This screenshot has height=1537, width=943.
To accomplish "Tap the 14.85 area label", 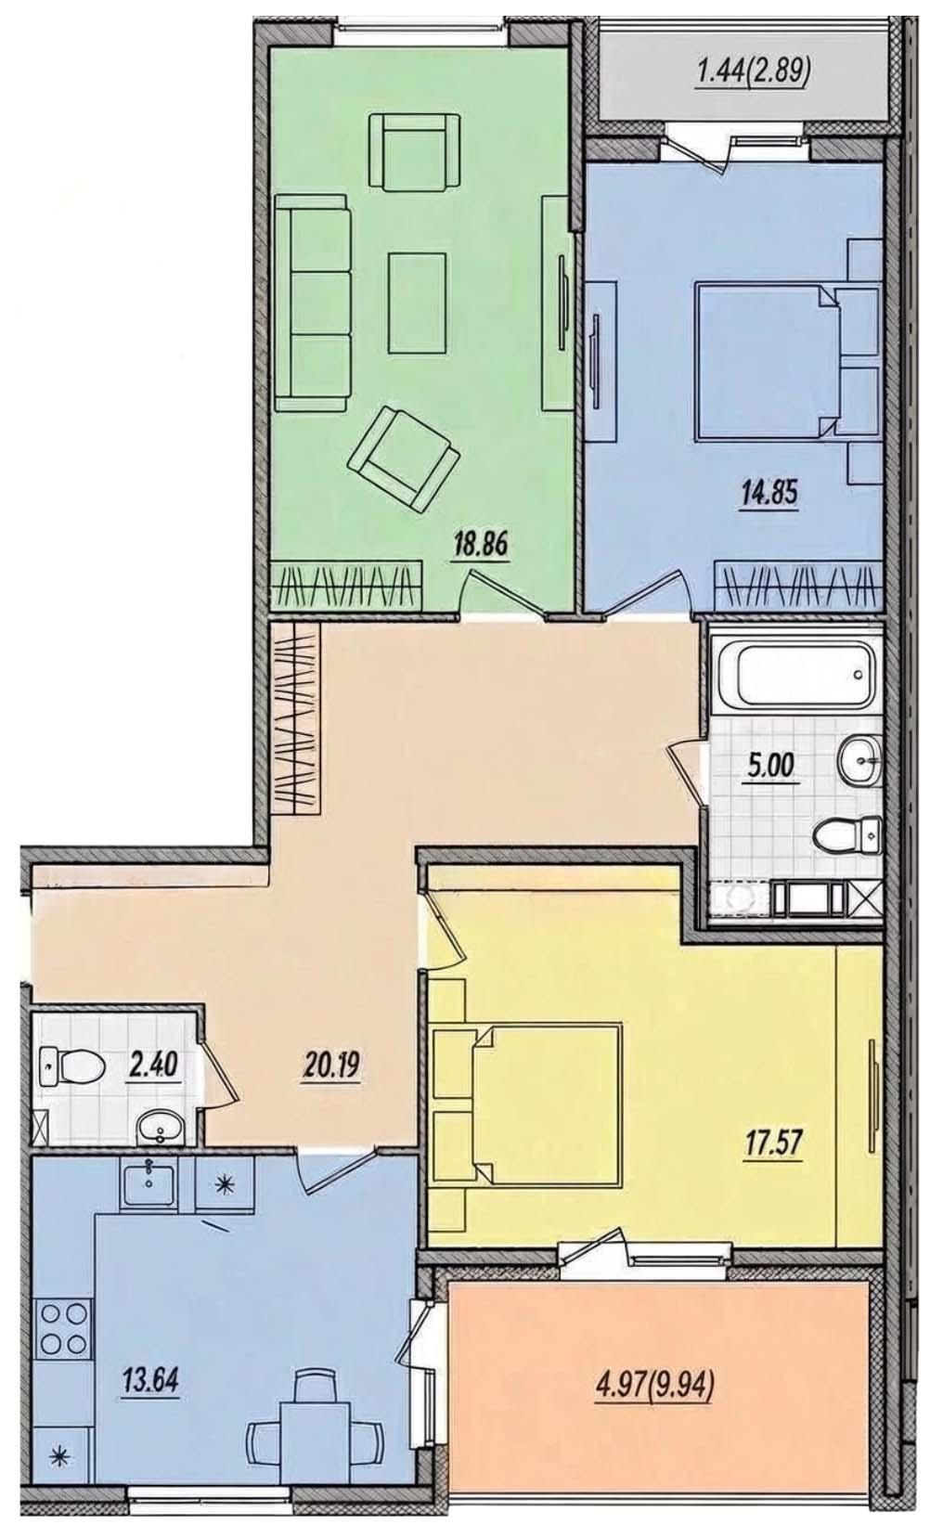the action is tap(769, 494).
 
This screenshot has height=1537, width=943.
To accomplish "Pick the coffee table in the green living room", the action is tap(418, 303).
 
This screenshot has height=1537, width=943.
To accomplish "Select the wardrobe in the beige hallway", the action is tap(295, 717).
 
